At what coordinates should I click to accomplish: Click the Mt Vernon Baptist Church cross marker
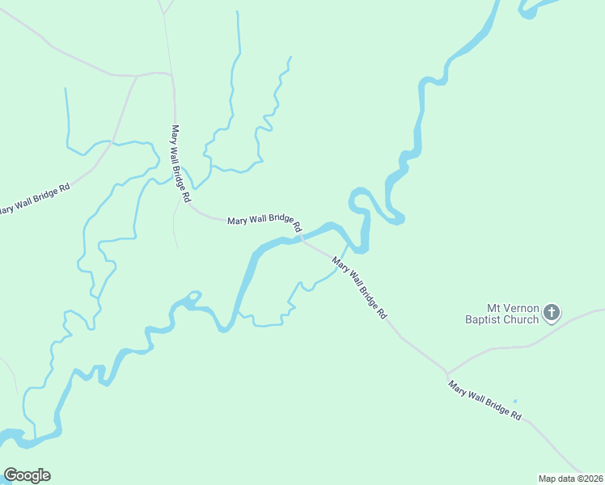point(552,312)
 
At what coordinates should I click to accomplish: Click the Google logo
point(27,475)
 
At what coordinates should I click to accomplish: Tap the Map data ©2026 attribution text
point(571,478)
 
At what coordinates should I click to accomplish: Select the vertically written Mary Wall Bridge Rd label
point(180,162)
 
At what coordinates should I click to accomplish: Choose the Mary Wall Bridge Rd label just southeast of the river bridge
point(360,288)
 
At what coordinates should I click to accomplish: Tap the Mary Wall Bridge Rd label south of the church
point(485,400)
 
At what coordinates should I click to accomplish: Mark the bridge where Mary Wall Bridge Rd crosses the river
point(303,238)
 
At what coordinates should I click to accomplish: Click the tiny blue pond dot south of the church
point(514,401)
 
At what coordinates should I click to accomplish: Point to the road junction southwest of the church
point(446,373)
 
